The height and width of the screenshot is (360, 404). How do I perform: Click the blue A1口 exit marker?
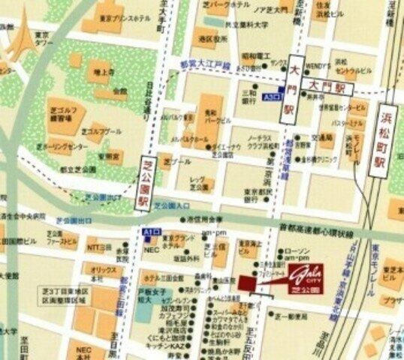pos(151,233)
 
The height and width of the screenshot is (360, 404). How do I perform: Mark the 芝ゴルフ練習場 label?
pos(61,113)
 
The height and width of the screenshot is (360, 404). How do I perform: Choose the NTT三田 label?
pos(98,246)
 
